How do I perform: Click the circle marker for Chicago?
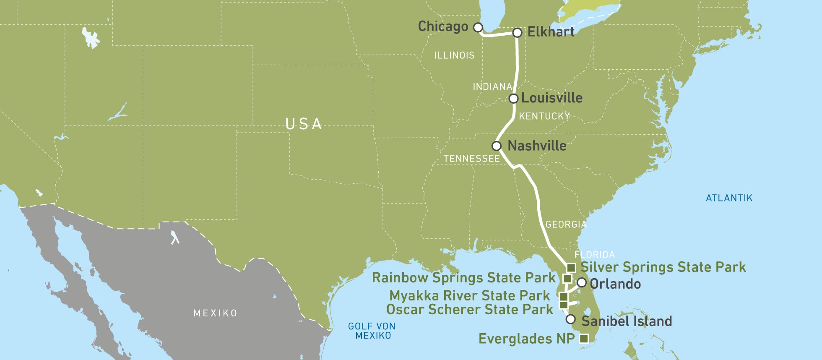pos(478,28)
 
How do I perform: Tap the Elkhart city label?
pos(551,32)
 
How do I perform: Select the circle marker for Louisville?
pos(513,99)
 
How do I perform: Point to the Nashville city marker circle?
pos(497,146)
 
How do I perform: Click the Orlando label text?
pos(615,284)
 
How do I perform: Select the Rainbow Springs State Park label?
pos(463,278)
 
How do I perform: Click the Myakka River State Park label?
pos(469,296)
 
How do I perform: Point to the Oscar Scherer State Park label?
pos(469,310)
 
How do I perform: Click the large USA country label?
pos(304,124)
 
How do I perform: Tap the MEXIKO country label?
pos(215,313)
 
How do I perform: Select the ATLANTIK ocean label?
pos(729,198)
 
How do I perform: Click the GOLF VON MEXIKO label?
pos(372,331)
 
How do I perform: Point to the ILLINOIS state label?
pos(454,55)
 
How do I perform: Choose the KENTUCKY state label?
pos(544,116)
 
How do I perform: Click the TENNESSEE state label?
pos(472,159)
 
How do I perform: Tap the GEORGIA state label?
pos(566,224)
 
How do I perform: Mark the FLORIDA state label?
pos(594,255)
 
